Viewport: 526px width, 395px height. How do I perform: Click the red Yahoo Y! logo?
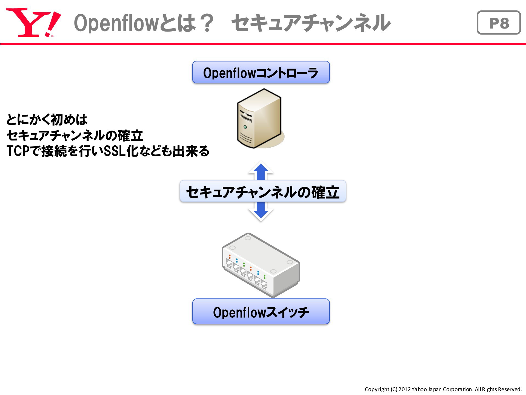(x=33, y=22)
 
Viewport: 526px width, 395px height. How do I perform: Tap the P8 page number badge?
(x=499, y=22)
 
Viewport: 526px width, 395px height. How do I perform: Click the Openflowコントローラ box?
(x=261, y=72)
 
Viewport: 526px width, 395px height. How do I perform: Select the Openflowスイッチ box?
(x=261, y=312)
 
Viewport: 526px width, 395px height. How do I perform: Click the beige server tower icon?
(x=260, y=119)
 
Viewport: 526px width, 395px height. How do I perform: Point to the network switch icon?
(x=261, y=265)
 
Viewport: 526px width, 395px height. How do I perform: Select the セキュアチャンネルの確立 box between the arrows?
(x=263, y=191)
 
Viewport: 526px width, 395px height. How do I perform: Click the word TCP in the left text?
(x=18, y=151)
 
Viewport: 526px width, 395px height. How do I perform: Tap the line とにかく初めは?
(x=47, y=120)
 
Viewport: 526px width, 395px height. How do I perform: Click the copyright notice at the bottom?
(x=443, y=389)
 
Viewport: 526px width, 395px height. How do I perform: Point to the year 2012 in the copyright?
(x=404, y=389)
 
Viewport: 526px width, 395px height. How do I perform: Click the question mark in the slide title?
(x=206, y=23)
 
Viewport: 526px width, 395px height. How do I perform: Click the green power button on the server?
(x=245, y=127)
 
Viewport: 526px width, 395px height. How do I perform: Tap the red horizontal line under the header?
(x=263, y=44)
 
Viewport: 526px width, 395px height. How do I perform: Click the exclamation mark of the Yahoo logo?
(x=53, y=24)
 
